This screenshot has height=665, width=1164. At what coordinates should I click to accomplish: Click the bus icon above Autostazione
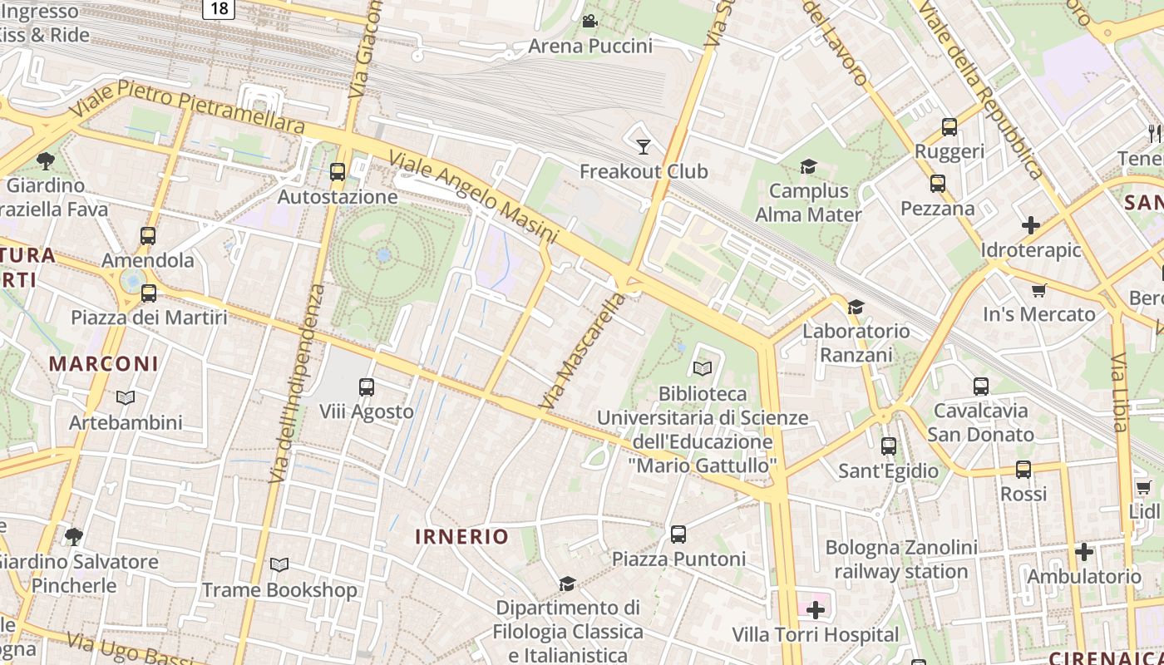(x=338, y=172)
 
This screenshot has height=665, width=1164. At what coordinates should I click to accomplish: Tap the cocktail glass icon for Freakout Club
(x=644, y=147)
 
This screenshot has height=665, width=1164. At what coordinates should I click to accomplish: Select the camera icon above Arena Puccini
(x=590, y=21)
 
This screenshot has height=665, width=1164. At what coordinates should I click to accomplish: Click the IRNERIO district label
(x=461, y=537)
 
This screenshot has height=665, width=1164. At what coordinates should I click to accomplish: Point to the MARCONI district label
(x=103, y=363)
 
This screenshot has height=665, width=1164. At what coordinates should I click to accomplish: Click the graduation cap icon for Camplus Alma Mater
(x=808, y=167)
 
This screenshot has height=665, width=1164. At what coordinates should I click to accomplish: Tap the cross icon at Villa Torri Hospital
(x=816, y=611)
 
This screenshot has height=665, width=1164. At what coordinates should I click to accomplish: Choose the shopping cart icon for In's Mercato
(x=1038, y=290)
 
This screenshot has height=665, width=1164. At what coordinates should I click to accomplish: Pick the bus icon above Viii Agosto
(x=367, y=387)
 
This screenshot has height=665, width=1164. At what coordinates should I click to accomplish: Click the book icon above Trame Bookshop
(x=279, y=565)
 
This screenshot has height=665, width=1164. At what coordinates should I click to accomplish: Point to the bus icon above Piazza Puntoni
(x=678, y=534)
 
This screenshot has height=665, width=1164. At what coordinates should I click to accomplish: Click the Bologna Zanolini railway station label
(x=901, y=559)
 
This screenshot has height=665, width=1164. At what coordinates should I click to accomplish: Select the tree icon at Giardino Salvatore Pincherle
(x=74, y=537)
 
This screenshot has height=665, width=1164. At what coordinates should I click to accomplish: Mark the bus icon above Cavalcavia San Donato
(x=981, y=387)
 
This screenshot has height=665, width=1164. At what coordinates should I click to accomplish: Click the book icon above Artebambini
(x=126, y=398)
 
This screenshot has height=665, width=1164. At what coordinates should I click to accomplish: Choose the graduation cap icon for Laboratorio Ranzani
(x=856, y=307)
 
